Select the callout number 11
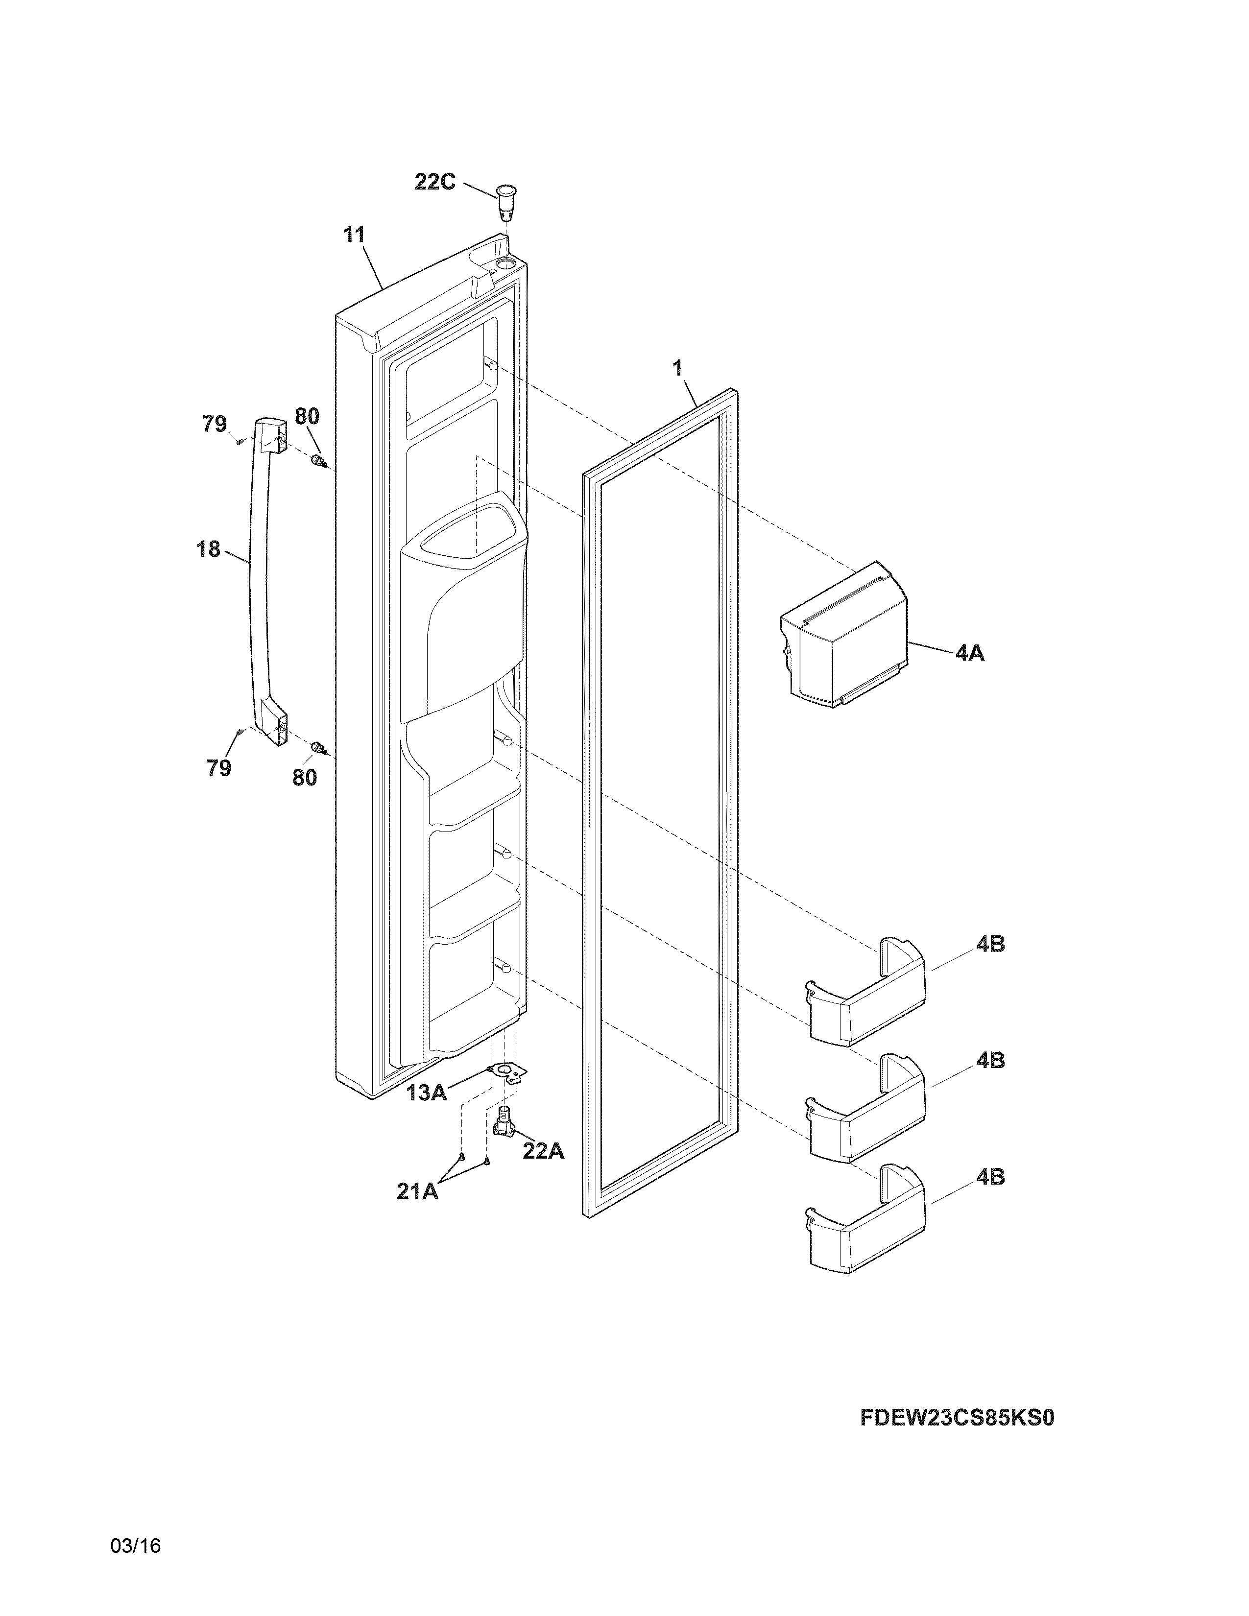[x=355, y=235]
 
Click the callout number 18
[x=209, y=549]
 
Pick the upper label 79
[x=215, y=424]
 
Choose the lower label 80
[x=305, y=778]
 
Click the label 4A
[x=969, y=653]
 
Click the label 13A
[x=426, y=1093]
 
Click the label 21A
[x=417, y=1192]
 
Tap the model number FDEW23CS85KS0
[x=956, y=1418]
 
